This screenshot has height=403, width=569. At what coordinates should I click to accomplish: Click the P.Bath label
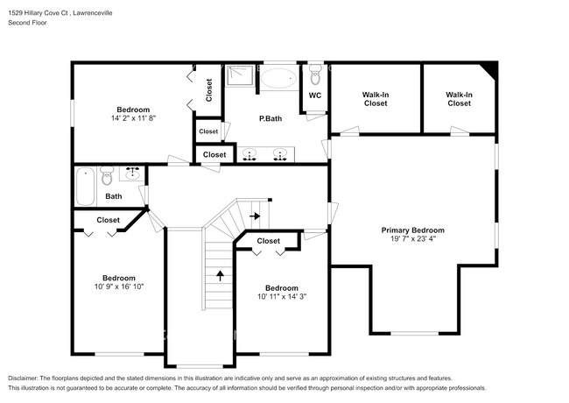[x=270, y=118]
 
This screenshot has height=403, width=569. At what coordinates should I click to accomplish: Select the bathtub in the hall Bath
[x=85, y=185]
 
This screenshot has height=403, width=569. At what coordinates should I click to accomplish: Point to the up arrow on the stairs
[x=219, y=275]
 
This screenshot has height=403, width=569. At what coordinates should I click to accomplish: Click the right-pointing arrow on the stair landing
[x=255, y=215]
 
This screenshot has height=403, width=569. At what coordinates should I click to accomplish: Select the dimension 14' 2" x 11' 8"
[x=133, y=118]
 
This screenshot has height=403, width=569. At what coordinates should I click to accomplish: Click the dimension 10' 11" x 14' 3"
[x=281, y=297]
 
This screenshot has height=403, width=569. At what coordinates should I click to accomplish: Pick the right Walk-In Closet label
[x=459, y=99]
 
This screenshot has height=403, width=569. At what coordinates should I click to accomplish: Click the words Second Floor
[x=27, y=24]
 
